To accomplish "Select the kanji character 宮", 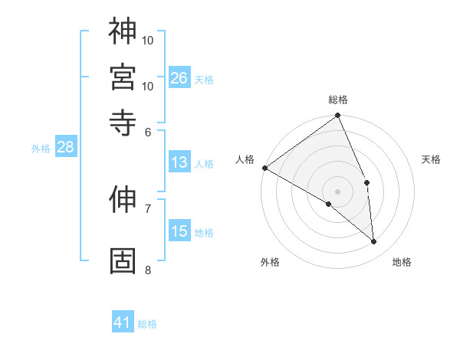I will tap(123, 76).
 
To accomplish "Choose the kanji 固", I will tap(123, 260).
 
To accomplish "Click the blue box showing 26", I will tap(179, 77).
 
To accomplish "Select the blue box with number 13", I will tap(179, 162).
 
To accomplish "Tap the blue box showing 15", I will tap(179, 231).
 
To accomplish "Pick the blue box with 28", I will tap(65, 147).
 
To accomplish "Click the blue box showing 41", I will tap(123, 322).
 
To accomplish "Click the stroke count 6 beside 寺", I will tap(148, 132).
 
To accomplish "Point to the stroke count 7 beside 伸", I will tap(148, 208).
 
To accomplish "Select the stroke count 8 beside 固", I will tap(148, 270).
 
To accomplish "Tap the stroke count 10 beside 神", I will tap(148, 39).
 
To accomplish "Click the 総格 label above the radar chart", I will tap(338, 100).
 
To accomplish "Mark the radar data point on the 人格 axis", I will tap(264, 168).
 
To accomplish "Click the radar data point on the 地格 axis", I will tap(374, 241).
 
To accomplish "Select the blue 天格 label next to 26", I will tap(204, 79).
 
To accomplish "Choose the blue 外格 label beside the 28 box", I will tap(40, 149).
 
